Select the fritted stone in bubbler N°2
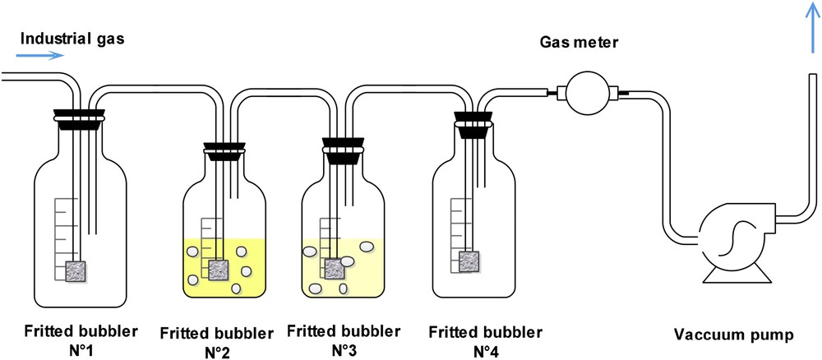(x=219, y=270)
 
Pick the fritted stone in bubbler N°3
(x=335, y=269)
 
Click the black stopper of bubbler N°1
(x=79, y=115)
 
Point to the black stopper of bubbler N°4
(x=475, y=127)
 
